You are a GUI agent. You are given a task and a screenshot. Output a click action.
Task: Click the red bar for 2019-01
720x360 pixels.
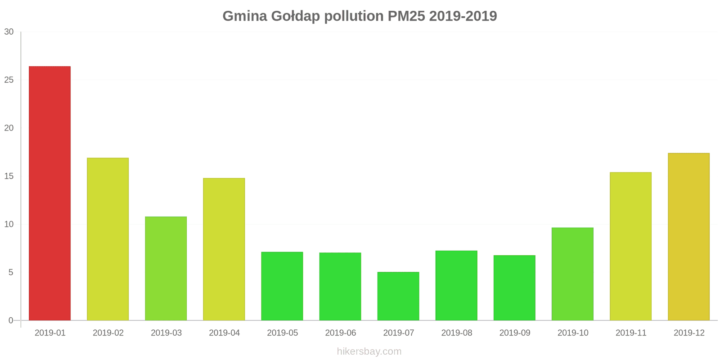[x=49, y=193]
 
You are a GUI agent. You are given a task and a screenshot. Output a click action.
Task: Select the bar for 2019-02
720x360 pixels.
[x=108, y=239]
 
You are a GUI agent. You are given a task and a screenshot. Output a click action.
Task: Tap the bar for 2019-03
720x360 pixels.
[x=166, y=269]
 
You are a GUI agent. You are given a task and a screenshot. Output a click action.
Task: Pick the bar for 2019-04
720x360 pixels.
[x=224, y=249]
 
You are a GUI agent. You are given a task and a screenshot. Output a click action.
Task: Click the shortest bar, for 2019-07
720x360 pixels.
[x=398, y=296]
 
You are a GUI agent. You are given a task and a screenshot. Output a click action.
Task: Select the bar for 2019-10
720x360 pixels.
[x=572, y=274]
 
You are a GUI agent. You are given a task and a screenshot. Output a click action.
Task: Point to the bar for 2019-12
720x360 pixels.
[x=688, y=237]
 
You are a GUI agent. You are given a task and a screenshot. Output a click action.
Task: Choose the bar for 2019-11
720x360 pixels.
[x=630, y=246]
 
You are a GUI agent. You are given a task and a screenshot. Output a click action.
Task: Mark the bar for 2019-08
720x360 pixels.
[x=456, y=285]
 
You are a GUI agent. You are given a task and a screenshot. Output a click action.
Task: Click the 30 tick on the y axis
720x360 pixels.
[x=9, y=32]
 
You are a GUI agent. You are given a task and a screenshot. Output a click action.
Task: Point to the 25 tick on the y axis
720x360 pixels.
[x=9, y=80]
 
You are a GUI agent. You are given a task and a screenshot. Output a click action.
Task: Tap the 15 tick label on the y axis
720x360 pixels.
[x=9, y=176]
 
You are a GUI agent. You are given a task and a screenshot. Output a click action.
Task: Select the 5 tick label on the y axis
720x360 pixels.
[x=11, y=273]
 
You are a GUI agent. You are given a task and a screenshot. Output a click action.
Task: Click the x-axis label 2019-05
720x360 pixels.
[x=282, y=333]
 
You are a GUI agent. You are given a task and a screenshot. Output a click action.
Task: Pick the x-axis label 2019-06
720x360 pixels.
[x=340, y=333]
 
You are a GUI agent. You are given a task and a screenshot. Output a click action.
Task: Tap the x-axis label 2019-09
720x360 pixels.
[x=515, y=333]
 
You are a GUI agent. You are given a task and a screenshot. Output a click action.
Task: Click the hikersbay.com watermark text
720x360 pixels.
[x=369, y=351]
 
